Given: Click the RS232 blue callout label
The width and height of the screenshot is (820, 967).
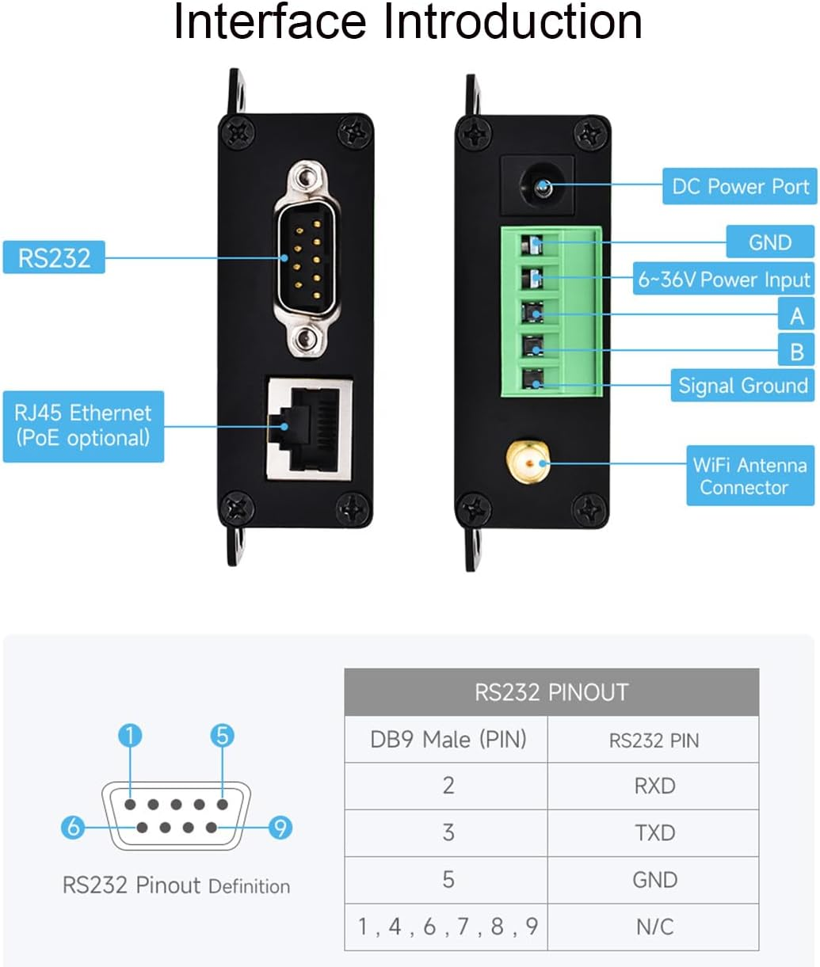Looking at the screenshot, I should coord(54,257).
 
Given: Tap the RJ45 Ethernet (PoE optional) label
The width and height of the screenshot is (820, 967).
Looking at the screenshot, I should coord(83,426).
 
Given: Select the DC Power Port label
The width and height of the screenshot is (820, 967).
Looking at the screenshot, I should coord(739,187).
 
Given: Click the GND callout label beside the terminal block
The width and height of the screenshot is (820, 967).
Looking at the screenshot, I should coord(769,242).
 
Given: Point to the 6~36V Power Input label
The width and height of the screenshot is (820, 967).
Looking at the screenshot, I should coord(723,279).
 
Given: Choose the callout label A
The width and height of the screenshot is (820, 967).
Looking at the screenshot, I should coord(796,316).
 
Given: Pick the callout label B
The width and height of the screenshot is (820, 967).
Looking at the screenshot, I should coord(796,352).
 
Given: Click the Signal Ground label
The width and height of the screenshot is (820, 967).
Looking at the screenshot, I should coord(742,386).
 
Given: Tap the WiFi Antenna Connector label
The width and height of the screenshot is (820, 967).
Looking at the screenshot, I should coord(749,475).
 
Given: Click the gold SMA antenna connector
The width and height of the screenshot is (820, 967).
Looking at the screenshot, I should coord(527,462).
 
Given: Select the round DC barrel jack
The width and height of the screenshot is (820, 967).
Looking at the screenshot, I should coord(543,188).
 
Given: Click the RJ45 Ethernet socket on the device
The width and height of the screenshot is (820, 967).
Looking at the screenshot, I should coord(310,428).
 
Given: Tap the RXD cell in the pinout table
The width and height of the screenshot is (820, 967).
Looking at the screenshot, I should coord(654,786).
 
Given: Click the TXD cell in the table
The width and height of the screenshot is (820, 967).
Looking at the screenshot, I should coord(654,832).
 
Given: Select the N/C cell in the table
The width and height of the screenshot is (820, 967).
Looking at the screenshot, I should coord(654,926).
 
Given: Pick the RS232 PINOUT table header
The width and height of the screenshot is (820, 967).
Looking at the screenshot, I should coord(551,692).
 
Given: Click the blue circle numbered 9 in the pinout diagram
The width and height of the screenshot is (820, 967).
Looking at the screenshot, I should coord(279,828).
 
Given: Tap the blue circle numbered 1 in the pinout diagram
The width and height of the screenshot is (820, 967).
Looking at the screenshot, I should coord(130,736).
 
